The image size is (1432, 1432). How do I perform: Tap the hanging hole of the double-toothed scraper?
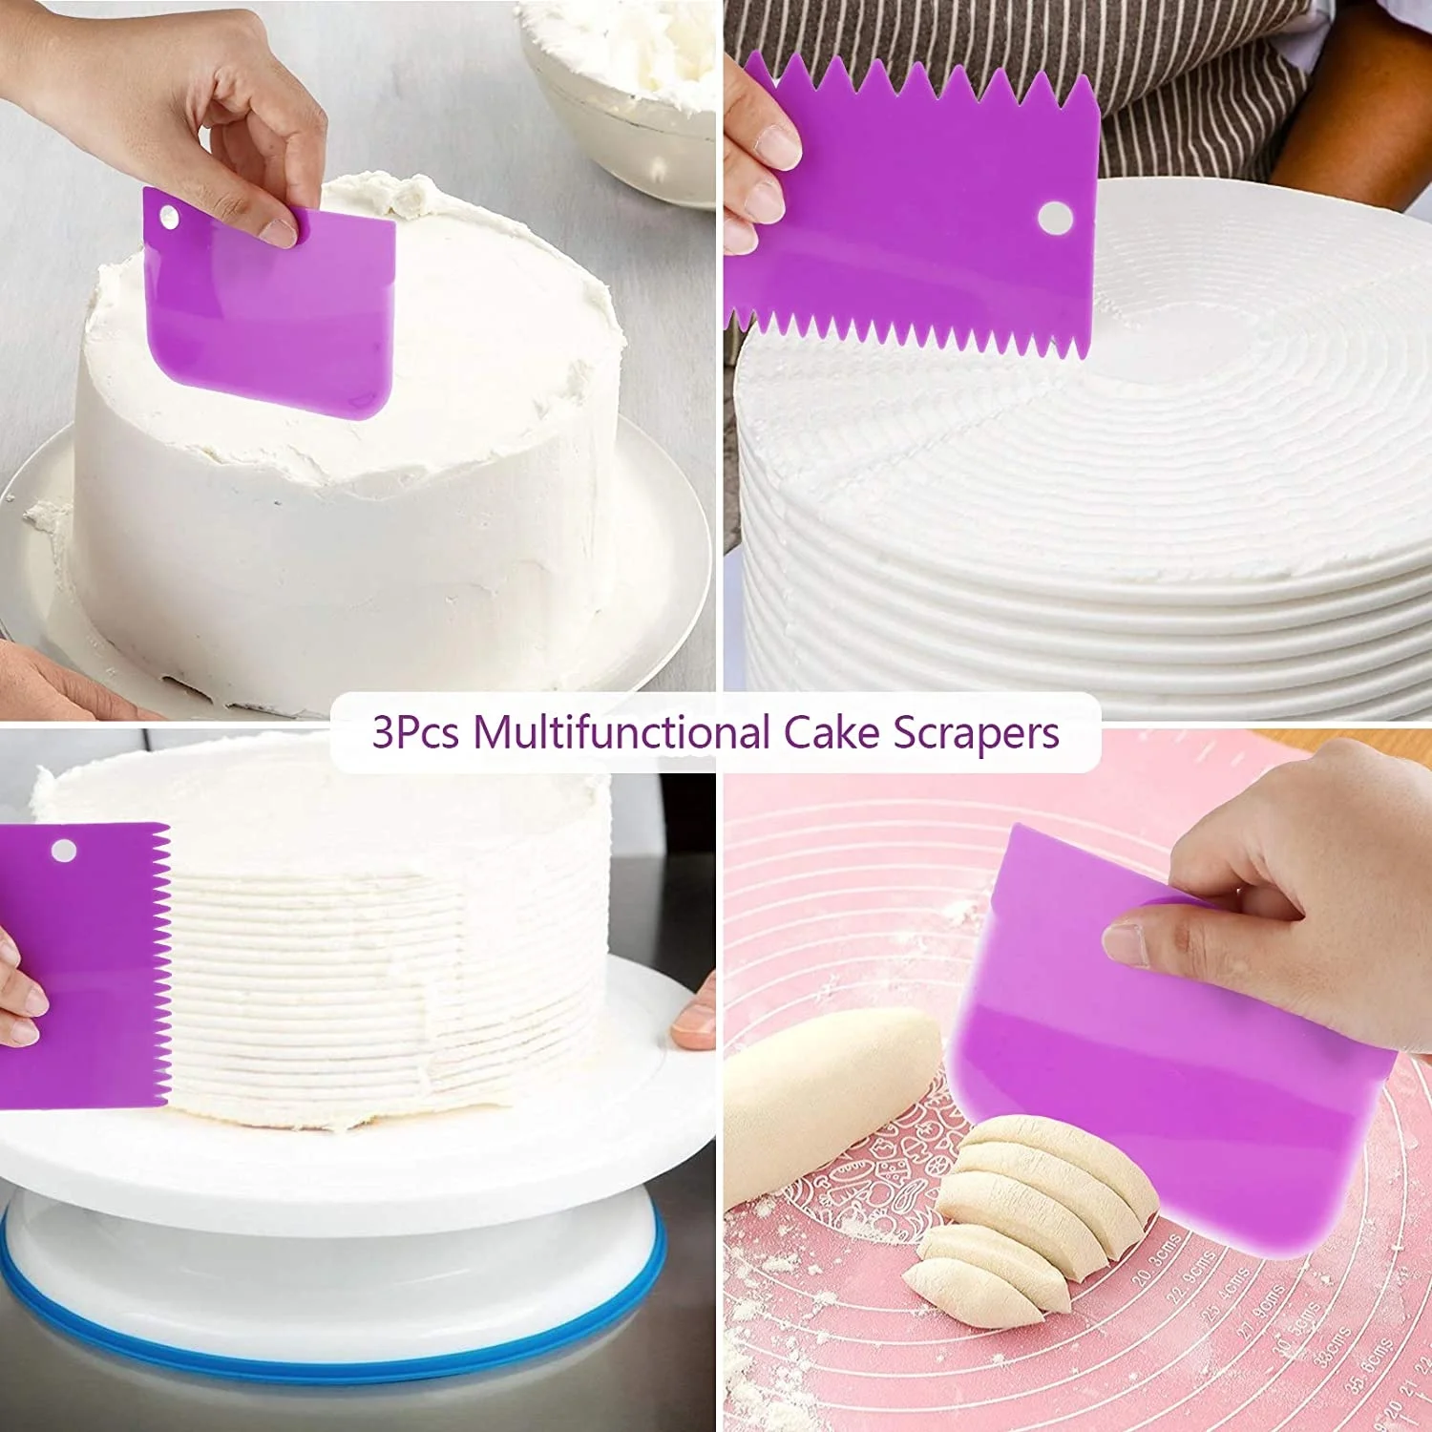[1054, 217]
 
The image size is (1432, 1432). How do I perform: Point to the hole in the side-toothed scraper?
[64, 850]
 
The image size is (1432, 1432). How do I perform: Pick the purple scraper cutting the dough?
[1165, 1079]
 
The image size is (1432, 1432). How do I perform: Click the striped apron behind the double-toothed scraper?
[1193, 86]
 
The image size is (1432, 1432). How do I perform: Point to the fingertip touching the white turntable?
[693, 1026]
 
